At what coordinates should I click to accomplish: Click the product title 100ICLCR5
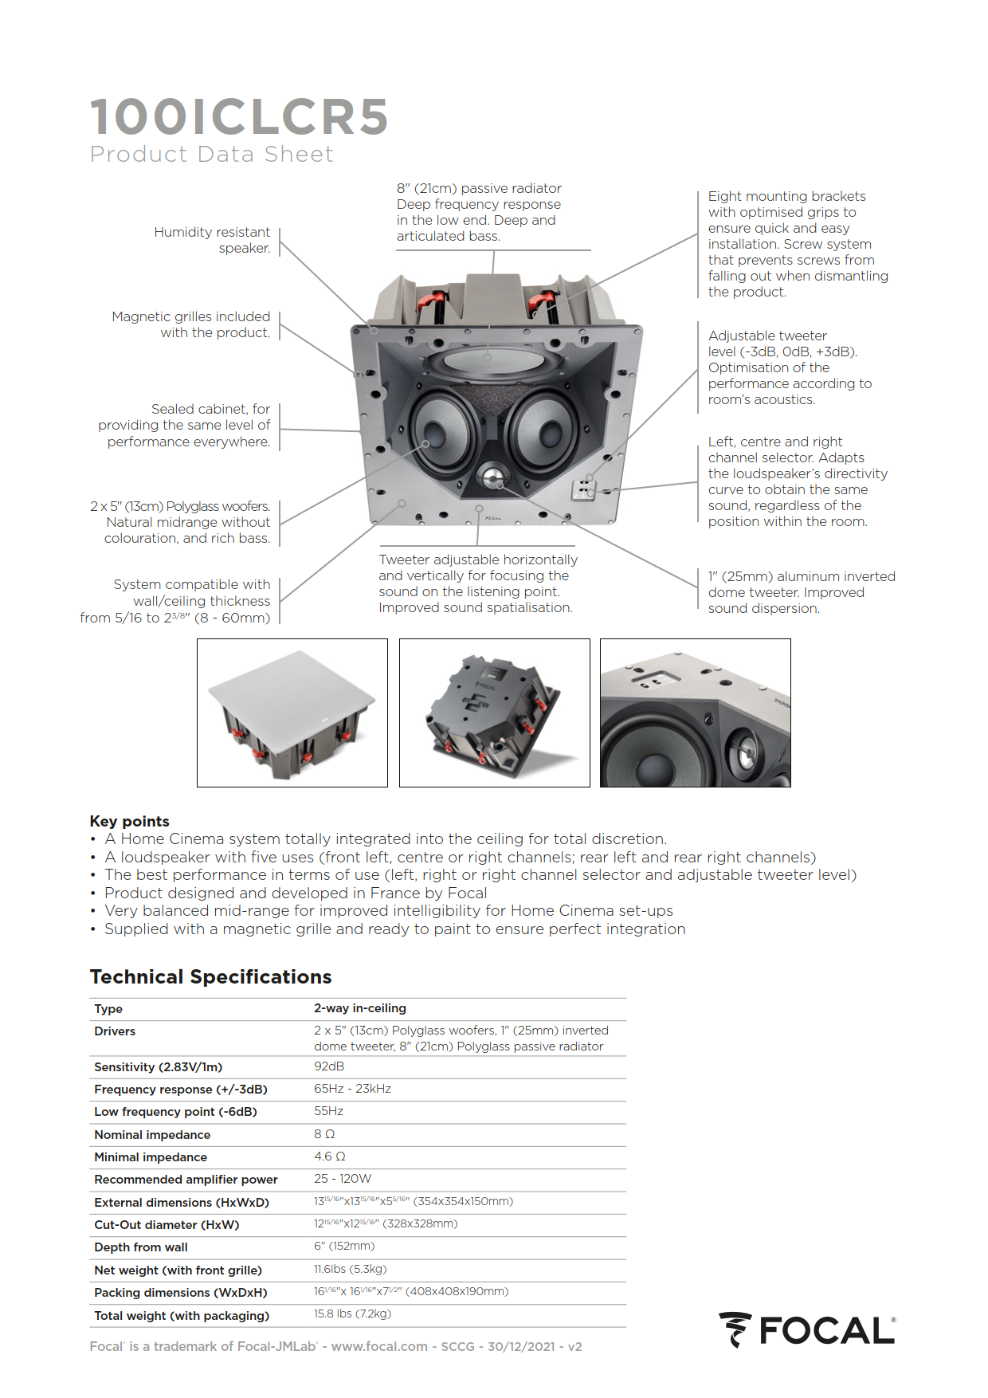pos(239,116)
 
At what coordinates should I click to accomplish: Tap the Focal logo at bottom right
pos(806,1330)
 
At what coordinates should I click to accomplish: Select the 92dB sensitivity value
pos(329,1066)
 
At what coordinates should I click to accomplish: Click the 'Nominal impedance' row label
pos(152,1134)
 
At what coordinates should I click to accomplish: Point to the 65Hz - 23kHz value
pos(352,1089)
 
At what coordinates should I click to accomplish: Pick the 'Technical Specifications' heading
pos(210,976)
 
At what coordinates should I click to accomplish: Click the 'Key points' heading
pos(129,821)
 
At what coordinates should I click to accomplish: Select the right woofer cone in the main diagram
pos(547,430)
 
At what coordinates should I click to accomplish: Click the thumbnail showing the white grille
pos(292,713)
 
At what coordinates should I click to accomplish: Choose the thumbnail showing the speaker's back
pos(494,713)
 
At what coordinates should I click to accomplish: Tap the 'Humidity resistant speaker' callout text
pos(212,240)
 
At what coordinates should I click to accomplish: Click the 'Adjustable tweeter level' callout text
pos(782,367)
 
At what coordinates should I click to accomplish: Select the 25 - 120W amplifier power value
pos(343,1179)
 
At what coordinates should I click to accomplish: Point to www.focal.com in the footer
pos(379,1346)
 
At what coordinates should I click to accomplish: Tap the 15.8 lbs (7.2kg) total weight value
pos(352,1314)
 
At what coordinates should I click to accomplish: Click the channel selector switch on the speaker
pos(585,488)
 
